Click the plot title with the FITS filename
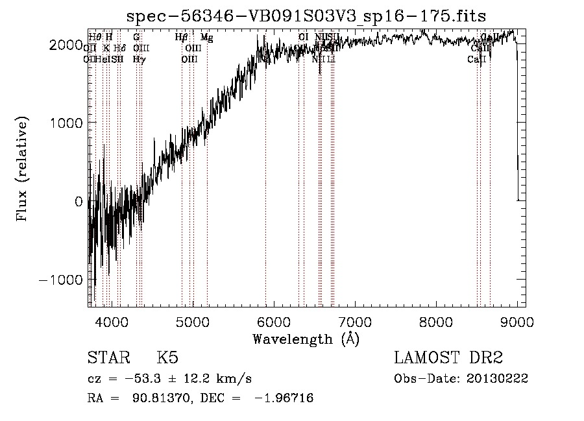[x=306, y=16]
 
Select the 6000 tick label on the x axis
[x=274, y=321]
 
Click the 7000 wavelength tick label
[x=355, y=321]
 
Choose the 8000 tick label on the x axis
[x=436, y=321]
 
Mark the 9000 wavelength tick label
[x=517, y=321]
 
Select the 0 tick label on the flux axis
[x=78, y=201]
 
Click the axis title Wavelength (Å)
[x=306, y=339]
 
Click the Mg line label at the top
[x=206, y=38]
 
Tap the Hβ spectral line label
[x=182, y=38]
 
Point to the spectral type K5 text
[x=167, y=358]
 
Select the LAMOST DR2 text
[x=448, y=358]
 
